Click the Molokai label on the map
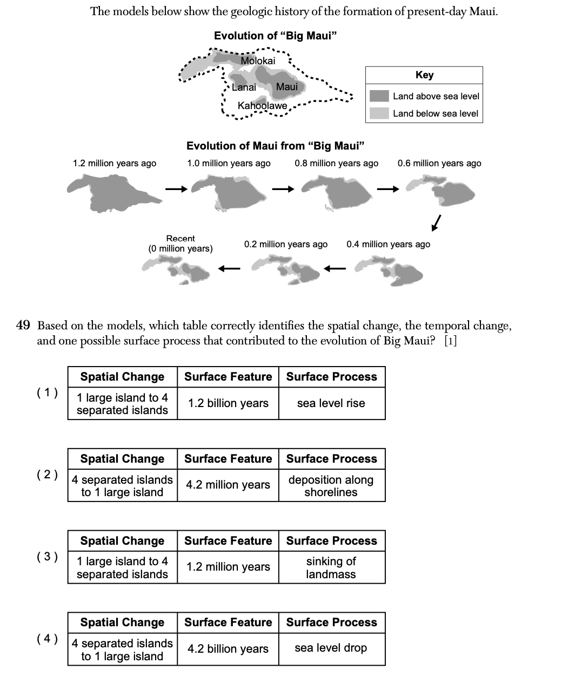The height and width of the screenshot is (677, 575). click(258, 61)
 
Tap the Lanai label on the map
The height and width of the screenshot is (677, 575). click(244, 87)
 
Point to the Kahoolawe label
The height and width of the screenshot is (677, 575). click(263, 106)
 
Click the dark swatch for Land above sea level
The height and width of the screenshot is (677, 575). click(379, 96)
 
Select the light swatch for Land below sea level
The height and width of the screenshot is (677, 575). click(379, 113)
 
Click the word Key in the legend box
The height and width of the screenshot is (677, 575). click(424, 75)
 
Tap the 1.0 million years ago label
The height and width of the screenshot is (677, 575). click(229, 163)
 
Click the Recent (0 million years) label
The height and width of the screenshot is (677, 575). click(180, 243)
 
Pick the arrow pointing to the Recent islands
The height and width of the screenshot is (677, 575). click(229, 268)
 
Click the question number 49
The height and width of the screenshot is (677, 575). click(23, 326)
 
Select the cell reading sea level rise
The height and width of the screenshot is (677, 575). click(331, 403)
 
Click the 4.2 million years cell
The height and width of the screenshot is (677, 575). click(228, 485)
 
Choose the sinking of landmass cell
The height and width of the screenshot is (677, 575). click(331, 568)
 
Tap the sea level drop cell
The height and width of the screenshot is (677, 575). click(331, 648)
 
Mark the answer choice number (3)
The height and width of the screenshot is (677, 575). click(47, 557)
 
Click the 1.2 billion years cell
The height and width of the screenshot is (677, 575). click(228, 403)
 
